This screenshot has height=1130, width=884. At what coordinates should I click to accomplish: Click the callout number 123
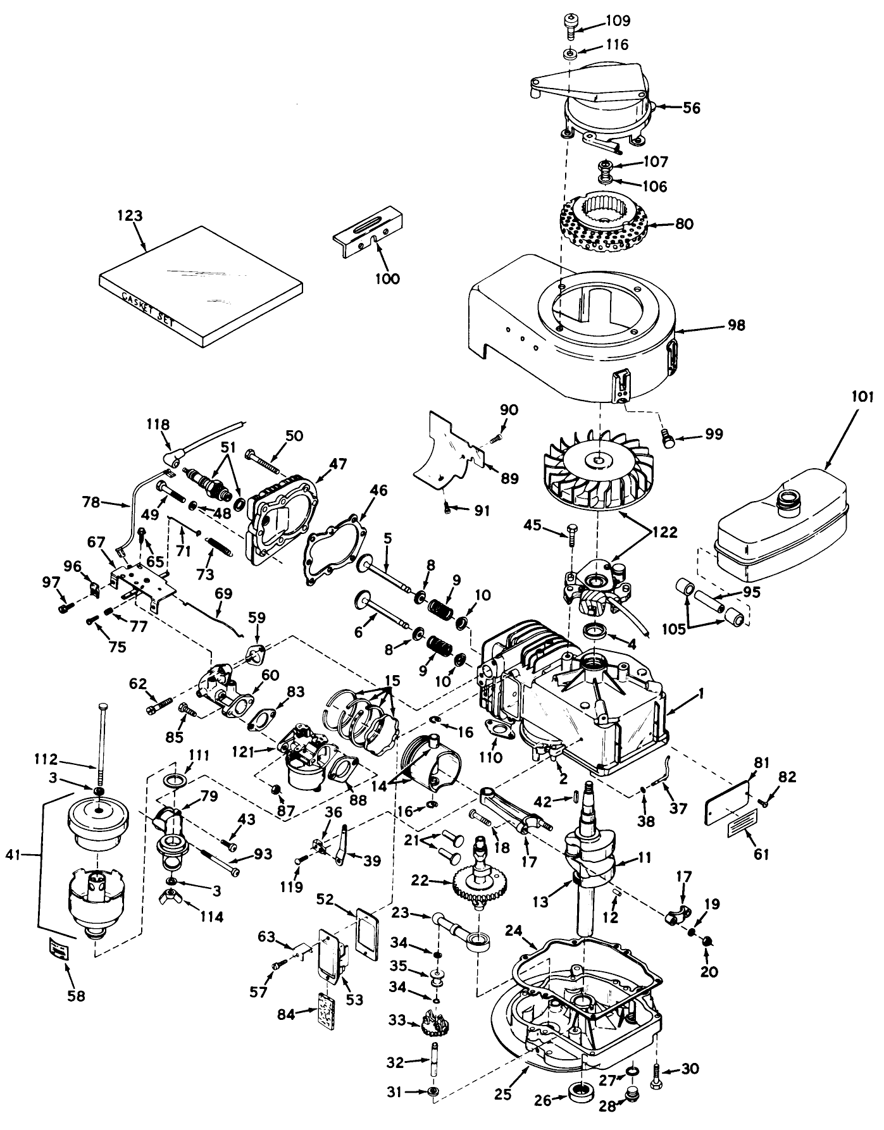pyautogui.click(x=130, y=216)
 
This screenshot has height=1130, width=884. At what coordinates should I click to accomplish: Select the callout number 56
pyautogui.click(x=692, y=108)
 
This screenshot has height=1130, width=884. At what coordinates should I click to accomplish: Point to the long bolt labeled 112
pyautogui.click(x=100, y=740)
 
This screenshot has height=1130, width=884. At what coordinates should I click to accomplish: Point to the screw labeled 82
pyautogui.click(x=764, y=804)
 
